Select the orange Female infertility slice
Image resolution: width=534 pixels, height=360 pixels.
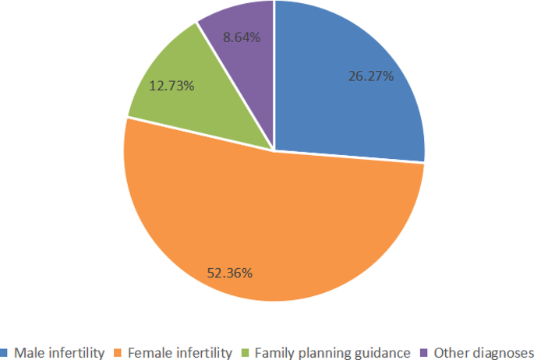265,226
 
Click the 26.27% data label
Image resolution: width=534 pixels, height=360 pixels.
370,76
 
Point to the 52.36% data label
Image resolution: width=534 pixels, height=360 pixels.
229,273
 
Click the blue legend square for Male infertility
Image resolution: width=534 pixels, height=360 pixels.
4,352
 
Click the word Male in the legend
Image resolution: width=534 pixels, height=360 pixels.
28,352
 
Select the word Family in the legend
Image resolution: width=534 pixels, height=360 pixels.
273,352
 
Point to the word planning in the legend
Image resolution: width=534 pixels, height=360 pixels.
322,353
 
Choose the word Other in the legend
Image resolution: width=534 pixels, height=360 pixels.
450,352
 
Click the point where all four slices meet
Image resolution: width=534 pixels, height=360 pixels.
274,150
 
